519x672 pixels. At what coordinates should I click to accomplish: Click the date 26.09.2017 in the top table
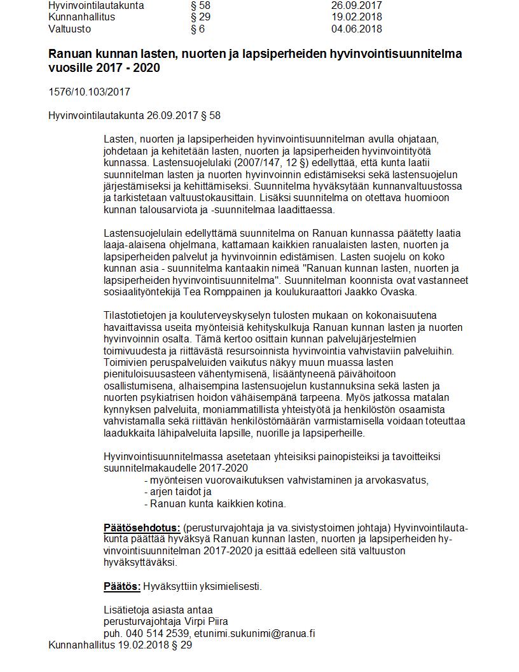(356, 5)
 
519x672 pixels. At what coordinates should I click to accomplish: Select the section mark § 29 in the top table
(200, 17)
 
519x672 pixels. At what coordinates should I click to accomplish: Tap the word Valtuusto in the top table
(69, 29)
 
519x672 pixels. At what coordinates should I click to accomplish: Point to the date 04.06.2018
(356, 29)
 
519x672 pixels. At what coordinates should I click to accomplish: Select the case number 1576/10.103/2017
(89, 92)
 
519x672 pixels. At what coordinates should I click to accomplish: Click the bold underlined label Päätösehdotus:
(142, 528)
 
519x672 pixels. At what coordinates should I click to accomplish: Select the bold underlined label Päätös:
(121, 586)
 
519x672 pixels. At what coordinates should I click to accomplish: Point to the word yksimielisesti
(230, 586)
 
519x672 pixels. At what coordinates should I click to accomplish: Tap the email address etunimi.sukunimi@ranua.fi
(255, 633)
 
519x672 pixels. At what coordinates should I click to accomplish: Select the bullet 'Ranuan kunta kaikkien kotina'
(217, 504)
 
